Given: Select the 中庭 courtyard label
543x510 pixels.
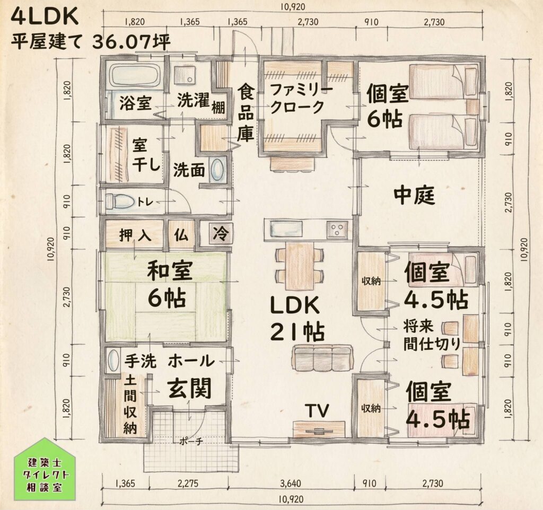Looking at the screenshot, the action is (x=414, y=196).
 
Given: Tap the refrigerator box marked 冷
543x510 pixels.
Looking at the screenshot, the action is (x=220, y=234).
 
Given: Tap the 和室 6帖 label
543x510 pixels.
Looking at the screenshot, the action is (x=170, y=285).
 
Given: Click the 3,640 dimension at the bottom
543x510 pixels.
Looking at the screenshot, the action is (x=291, y=482).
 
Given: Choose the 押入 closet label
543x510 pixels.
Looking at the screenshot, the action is (x=135, y=235).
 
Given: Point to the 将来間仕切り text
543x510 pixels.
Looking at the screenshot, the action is (x=432, y=335).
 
